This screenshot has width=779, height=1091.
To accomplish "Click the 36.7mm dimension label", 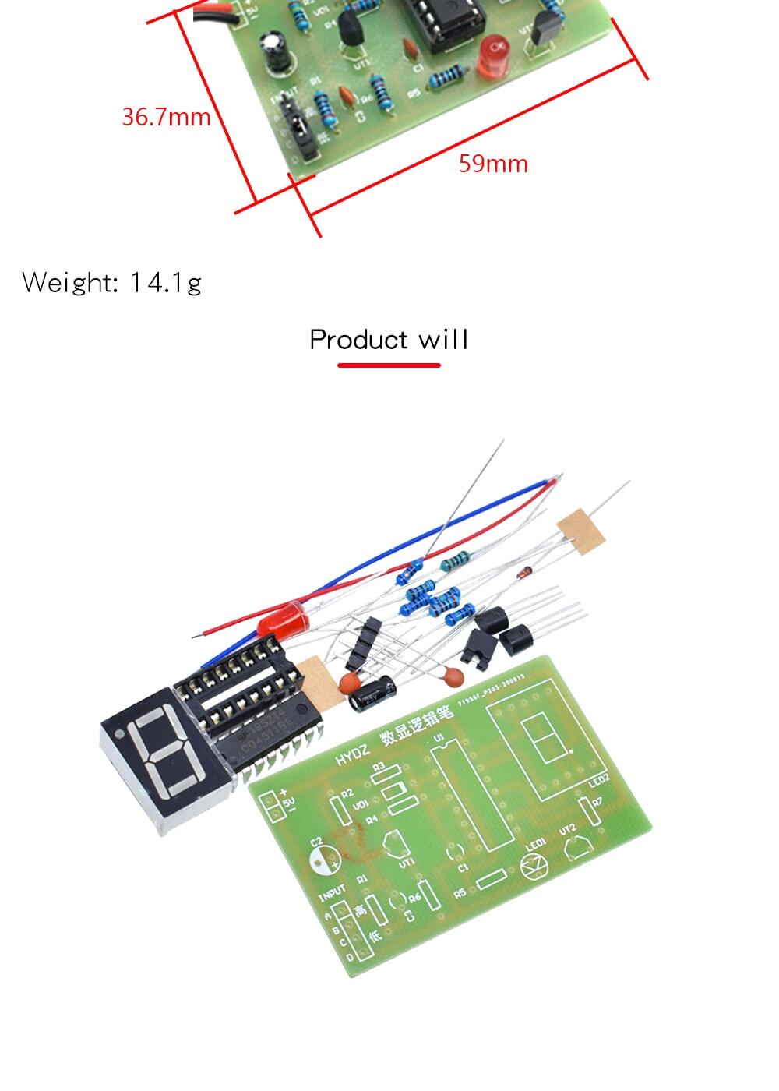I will click(x=166, y=117).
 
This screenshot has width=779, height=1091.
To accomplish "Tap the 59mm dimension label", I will click(x=493, y=164).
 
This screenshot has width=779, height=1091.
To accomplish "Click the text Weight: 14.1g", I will click(x=112, y=282).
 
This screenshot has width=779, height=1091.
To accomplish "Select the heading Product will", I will click(x=389, y=340).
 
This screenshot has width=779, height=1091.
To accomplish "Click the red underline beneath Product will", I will click(x=389, y=365).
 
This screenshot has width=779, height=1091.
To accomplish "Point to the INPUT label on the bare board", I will click(x=333, y=891).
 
